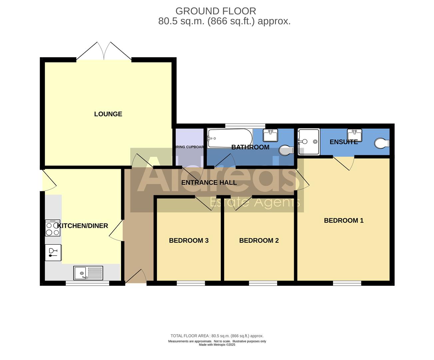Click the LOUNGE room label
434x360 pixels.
[108, 114]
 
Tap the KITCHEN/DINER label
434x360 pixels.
[83, 226]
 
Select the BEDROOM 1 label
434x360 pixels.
[343, 220]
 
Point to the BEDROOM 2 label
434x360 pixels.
[259, 240]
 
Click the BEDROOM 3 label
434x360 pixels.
[189, 240]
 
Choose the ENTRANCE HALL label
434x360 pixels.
[209, 182]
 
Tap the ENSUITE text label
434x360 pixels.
[343, 142]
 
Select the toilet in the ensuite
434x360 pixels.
[381, 144]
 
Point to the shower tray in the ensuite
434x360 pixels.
[308, 142]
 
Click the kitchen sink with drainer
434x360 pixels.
[88, 273]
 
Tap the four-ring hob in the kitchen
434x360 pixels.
[53, 228]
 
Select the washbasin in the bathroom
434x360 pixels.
[270, 135]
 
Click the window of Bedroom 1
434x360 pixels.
[347, 283]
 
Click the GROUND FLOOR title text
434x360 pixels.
[216, 11]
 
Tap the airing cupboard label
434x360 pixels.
[189, 147]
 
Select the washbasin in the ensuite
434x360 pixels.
[354, 135]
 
